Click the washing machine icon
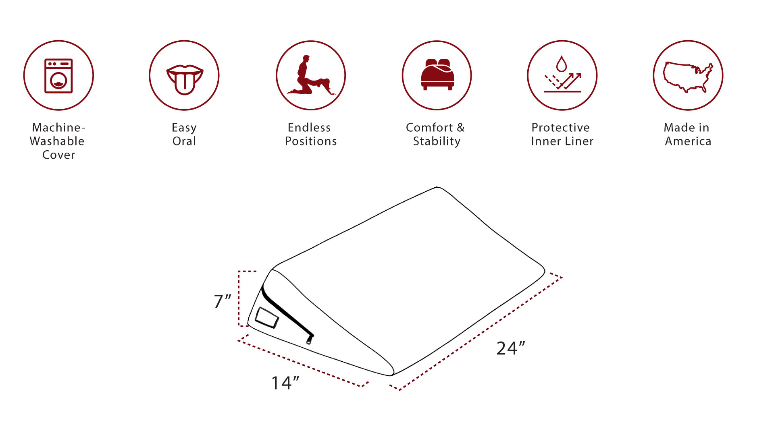point(58,76)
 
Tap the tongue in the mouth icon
point(185,83)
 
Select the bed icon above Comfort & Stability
point(437,75)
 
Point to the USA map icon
point(688,77)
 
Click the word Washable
point(57,141)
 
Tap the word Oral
point(184,141)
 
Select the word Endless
point(309,127)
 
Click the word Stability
point(437,141)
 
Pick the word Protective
point(561,127)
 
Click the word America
point(688,141)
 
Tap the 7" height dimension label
point(223,301)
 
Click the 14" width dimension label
point(285,383)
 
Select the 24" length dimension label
point(511,348)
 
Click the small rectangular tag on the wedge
point(267,318)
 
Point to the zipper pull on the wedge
point(310,339)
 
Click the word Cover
point(59,155)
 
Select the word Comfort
point(429,127)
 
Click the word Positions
point(311,141)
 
